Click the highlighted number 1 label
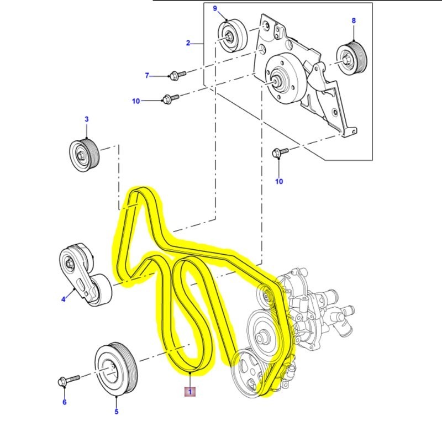click(190, 392)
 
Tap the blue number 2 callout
click(188, 43)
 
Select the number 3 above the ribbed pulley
click(86, 119)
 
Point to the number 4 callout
click(64, 299)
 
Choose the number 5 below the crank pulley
click(116, 411)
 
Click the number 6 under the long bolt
click(64, 402)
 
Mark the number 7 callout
click(147, 75)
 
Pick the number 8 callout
click(354, 20)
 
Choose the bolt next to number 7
click(176, 73)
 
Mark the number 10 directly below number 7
click(136, 101)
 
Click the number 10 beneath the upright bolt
click(279, 181)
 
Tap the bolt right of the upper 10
click(170, 99)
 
